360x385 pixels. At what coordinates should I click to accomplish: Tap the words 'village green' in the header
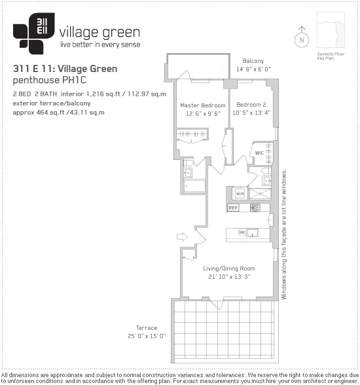(x=99, y=33)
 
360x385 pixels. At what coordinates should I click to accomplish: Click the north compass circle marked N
(x=302, y=39)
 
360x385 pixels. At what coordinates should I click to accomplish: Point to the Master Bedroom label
(x=203, y=105)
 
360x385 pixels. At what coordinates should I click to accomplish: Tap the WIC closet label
(x=259, y=153)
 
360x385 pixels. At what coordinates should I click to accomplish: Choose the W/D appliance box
(x=240, y=194)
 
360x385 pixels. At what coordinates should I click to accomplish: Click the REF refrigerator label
(x=233, y=208)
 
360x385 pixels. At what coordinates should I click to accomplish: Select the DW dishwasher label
(x=242, y=232)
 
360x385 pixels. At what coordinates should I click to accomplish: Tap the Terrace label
(x=147, y=328)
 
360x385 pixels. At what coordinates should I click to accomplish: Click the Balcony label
(x=253, y=60)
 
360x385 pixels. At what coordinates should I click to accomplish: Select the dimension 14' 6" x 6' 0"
(x=253, y=69)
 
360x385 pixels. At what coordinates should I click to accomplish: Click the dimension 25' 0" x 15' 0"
(x=147, y=336)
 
